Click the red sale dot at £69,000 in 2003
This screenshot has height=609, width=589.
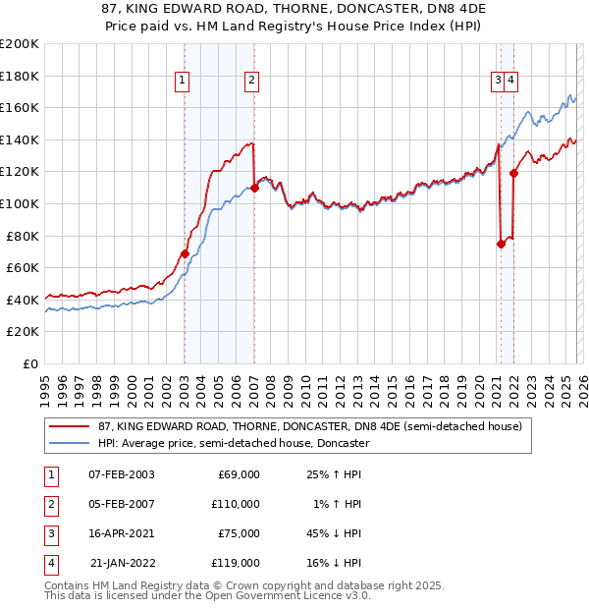pos(185,253)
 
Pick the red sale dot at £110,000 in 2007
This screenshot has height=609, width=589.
pos(254,188)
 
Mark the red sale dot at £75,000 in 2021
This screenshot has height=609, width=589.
pos(501,244)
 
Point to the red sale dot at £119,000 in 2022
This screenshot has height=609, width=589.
pos(513,173)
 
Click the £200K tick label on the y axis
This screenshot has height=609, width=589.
pos(20,44)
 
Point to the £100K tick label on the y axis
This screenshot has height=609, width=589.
pos(20,203)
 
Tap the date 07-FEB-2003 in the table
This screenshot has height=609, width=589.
pos(121,474)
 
